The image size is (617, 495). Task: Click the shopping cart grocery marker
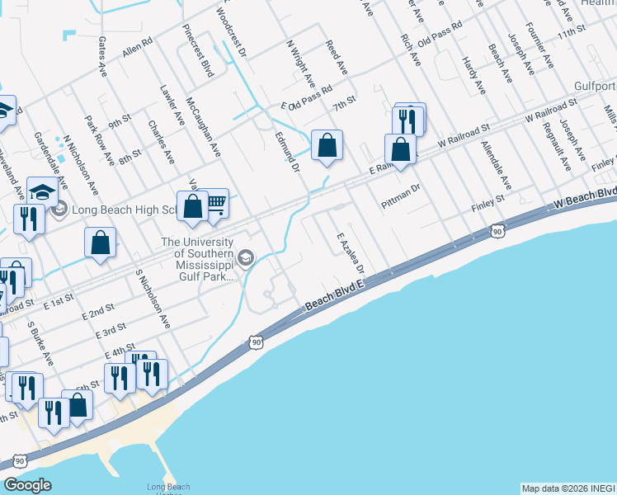tap(214, 203)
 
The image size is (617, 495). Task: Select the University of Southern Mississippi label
tap(197, 259)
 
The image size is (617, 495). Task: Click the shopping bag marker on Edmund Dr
tap(327, 145)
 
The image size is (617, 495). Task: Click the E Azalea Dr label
tap(351, 253)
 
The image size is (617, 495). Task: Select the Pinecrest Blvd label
tap(198, 51)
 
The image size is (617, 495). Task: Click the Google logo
tap(27, 485)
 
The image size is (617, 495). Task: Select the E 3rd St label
tap(110, 332)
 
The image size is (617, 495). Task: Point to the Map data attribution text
tap(568, 488)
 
